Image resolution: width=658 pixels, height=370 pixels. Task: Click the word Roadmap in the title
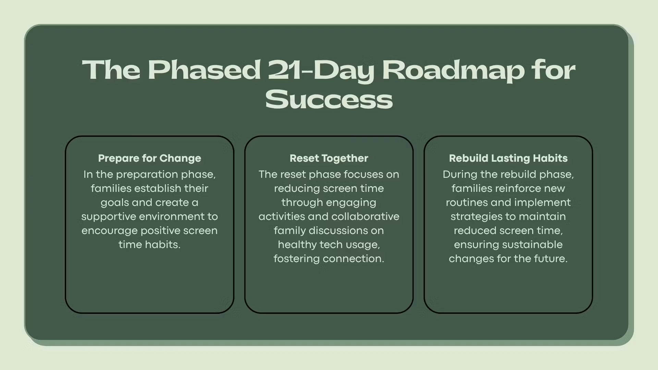tap(453, 70)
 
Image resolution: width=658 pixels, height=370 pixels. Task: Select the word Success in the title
tap(329, 99)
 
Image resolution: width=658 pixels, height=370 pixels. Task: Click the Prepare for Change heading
tap(149, 158)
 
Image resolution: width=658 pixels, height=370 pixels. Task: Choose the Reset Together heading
tap(329, 158)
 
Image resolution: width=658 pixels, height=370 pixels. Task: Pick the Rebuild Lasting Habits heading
tap(508, 158)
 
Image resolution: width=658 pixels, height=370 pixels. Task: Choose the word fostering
tap(296, 259)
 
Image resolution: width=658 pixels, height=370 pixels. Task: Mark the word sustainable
tap(533, 245)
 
